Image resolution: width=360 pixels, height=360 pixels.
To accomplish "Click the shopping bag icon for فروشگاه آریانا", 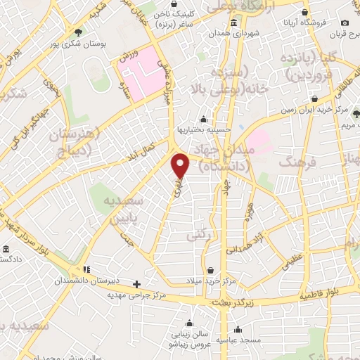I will pyautogui.click(x=304, y=13).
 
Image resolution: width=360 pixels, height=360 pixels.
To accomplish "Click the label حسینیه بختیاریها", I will pyautogui.click(x=203, y=131).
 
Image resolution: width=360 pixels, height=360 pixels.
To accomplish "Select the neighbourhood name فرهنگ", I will pyautogui.click(x=295, y=163).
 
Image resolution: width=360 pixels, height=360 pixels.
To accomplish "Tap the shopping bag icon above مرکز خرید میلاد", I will pyautogui.click(x=210, y=269).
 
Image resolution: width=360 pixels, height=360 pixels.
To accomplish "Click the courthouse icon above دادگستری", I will pyautogui.click(x=6, y=250).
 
